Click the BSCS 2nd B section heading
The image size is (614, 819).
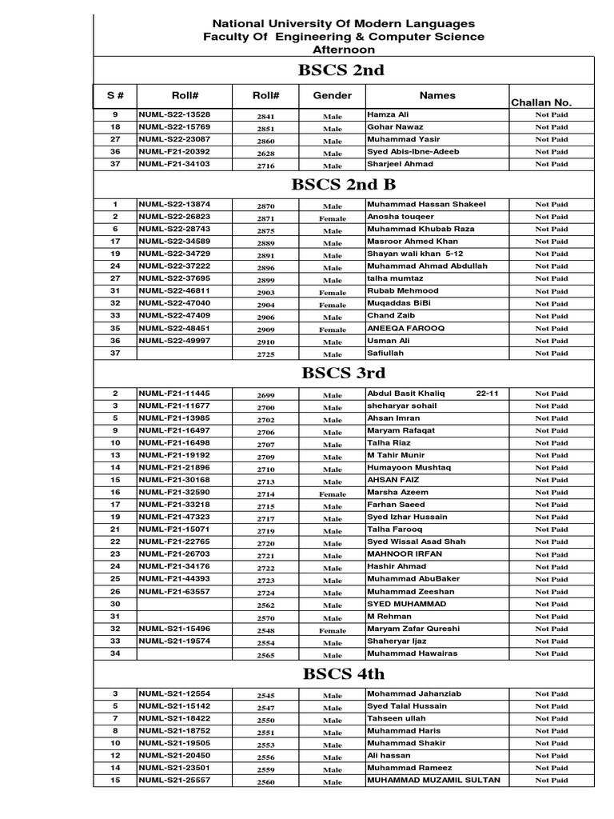(344, 185)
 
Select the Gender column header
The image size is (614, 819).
(332, 96)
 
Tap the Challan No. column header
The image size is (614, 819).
(541, 102)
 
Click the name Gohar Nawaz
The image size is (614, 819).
(395, 127)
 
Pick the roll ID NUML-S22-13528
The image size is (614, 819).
(174, 115)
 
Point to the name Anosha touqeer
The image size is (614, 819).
(401, 216)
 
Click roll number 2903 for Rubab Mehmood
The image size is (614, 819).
(265, 292)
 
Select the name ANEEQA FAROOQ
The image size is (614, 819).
(405, 328)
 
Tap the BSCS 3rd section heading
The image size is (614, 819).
(344, 373)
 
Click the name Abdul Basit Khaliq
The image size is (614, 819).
(405, 394)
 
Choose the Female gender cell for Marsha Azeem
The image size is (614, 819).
(333, 494)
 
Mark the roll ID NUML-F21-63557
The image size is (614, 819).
(174, 592)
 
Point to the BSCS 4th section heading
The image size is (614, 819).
(344, 673)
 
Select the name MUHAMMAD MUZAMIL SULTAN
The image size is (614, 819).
(433, 780)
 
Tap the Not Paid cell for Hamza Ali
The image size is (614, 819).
(552, 115)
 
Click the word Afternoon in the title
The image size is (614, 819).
(343, 50)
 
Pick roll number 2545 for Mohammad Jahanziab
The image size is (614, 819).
(265, 696)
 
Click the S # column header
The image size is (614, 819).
(115, 96)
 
